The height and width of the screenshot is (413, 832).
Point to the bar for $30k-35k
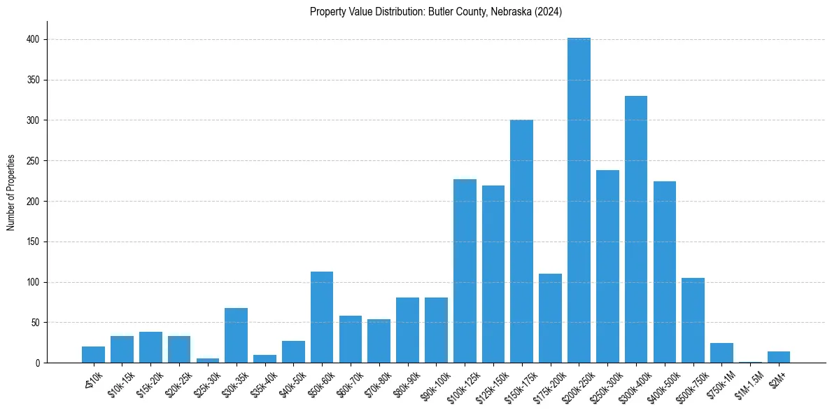point(236,335)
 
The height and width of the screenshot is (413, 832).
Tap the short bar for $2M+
point(779,358)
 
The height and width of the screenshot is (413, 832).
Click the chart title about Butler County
point(436,11)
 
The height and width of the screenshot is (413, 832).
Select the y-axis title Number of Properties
point(11,192)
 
